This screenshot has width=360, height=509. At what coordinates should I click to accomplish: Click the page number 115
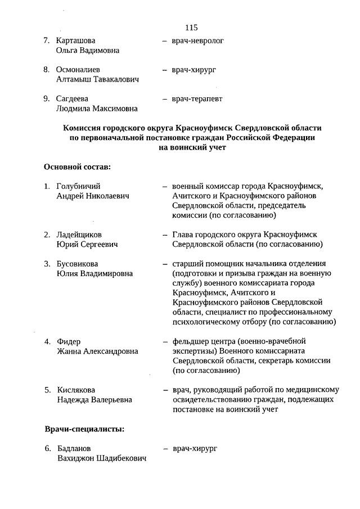[x=191, y=27]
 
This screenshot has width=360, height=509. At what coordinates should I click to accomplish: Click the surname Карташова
[x=76, y=41]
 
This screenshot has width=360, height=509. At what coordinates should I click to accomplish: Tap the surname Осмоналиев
[x=79, y=70]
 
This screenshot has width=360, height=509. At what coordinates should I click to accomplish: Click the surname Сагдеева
[x=74, y=99]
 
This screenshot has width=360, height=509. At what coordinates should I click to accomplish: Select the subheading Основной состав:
[x=77, y=167]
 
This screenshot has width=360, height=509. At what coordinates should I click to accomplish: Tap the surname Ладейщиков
[x=80, y=235]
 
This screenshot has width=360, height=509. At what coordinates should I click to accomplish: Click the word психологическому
[x=210, y=322]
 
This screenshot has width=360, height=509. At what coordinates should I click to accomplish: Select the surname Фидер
[x=69, y=342]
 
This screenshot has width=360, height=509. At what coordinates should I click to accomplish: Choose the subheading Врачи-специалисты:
[x=84, y=430]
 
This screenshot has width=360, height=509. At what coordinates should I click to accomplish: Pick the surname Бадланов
[x=74, y=449]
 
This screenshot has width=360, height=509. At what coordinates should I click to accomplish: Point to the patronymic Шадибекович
[x=120, y=458]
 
